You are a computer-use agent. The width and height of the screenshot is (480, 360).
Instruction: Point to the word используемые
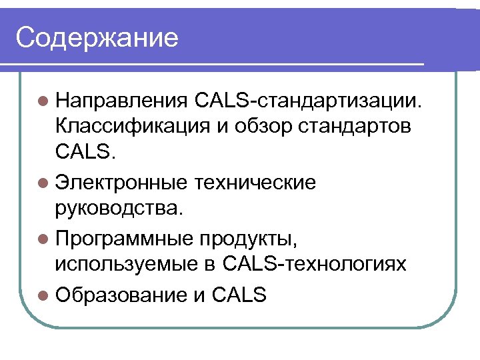point(126,264)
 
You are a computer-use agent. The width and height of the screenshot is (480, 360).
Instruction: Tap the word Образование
point(123,294)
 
